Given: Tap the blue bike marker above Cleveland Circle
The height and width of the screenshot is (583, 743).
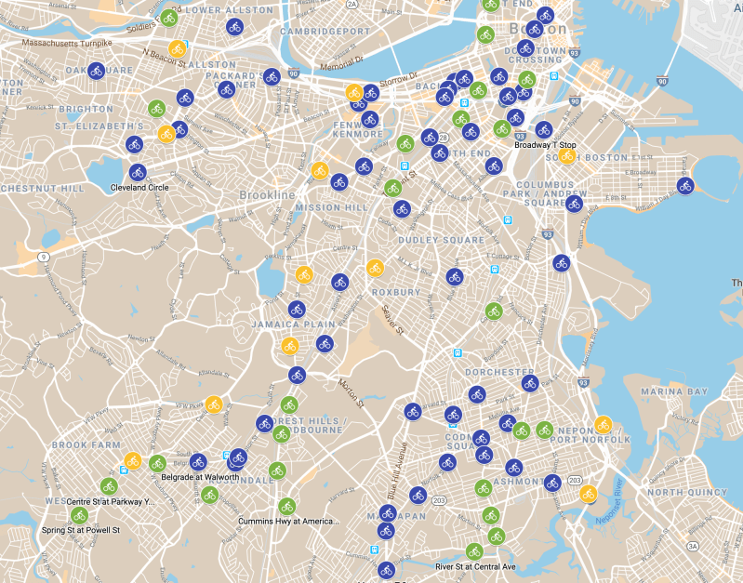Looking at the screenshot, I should (138, 172).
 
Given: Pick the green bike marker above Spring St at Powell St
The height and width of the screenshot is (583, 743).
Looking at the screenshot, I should (79, 515).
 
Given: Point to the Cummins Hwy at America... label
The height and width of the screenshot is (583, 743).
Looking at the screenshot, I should (288, 521).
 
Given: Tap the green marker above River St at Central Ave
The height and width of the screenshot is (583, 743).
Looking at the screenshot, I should (474, 551).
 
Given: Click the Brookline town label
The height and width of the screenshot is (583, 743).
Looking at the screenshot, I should (267, 195).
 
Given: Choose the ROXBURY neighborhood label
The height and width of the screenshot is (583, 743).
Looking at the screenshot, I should (396, 292).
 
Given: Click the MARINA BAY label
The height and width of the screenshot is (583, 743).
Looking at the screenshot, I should (674, 391).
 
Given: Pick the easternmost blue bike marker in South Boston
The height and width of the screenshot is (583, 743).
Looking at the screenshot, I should (685, 186).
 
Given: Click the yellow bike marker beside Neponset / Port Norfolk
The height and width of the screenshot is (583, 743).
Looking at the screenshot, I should (603, 424).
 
